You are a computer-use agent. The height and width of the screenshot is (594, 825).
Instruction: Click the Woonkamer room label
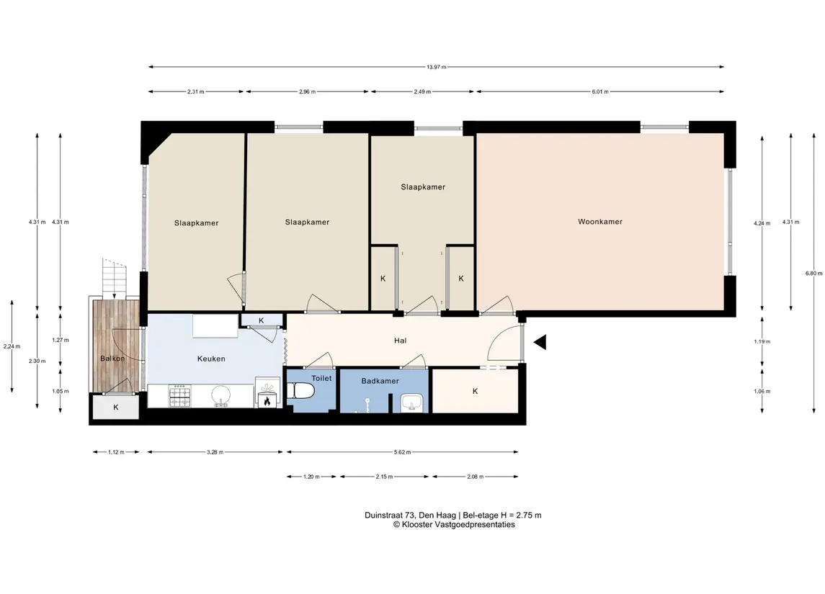coord(599,222)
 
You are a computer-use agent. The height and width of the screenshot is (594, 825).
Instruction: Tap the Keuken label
coord(211,359)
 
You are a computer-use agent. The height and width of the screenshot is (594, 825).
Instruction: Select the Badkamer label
coord(380,381)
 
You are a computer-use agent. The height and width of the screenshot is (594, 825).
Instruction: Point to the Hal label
coord(400,341)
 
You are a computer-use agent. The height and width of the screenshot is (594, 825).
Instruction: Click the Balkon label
coord(112,359)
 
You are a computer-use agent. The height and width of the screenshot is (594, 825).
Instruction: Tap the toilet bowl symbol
coord(302,391)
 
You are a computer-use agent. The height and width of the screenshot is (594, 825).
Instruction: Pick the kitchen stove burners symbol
coord(179,396)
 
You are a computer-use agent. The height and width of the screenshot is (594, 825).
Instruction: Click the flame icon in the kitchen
coord(267,402)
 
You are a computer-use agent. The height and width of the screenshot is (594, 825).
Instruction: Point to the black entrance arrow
coord(540,342)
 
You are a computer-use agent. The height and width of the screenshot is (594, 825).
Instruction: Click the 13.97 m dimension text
coord(436,67)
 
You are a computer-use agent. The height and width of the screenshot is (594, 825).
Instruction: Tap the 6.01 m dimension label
coord(599,92)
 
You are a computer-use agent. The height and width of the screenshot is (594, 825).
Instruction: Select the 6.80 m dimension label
coord(813,274)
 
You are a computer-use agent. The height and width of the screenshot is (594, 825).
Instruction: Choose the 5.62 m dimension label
coord(402,452)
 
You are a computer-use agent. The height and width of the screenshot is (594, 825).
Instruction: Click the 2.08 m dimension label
coord(475,477)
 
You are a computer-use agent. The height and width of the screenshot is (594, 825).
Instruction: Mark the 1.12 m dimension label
coord(116,452)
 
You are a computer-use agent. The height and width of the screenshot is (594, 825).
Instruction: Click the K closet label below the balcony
coord(116,408)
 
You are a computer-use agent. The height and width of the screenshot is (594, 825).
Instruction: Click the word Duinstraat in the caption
coord(382,515)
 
